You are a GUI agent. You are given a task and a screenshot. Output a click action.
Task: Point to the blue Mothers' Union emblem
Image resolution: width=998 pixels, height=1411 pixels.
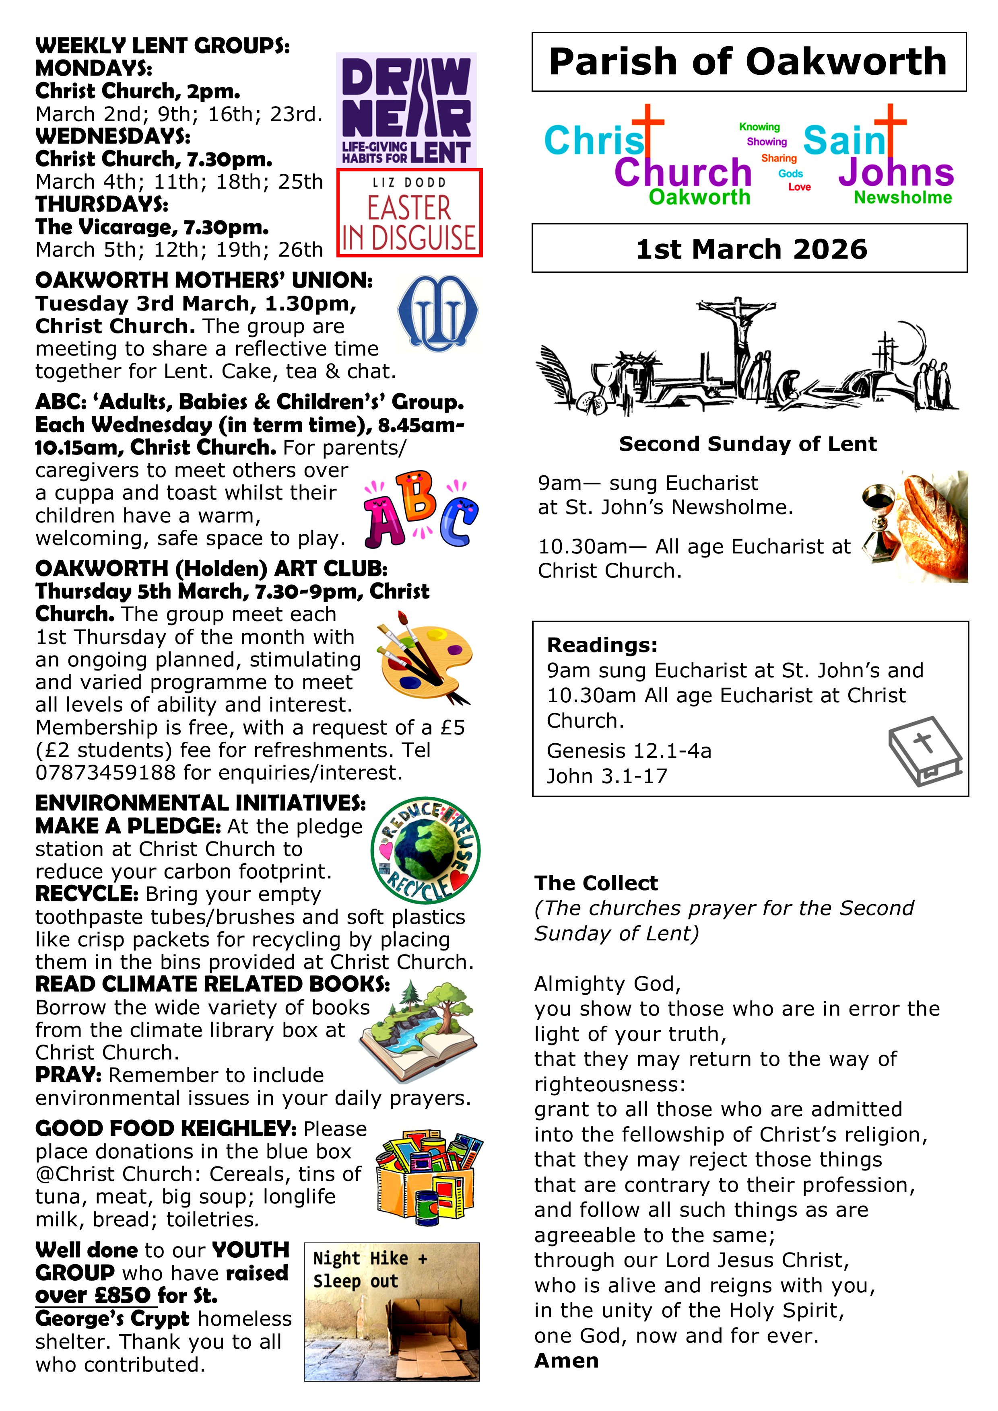click(x=437, y=313)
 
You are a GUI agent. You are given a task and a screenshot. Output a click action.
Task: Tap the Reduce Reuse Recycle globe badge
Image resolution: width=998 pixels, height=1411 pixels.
click(x=425, y=850)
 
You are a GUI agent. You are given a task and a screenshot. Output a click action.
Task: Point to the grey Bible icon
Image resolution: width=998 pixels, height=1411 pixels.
click(x=924, y=751)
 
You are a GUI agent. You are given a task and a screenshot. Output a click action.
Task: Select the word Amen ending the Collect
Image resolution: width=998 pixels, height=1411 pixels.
click(x=566, y=1360)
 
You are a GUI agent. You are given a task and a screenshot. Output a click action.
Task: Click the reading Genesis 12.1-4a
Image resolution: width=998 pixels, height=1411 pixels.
click(x=629, y=751)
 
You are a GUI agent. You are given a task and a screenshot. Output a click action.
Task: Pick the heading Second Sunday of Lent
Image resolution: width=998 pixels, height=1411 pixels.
click(x=748, y=444)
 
